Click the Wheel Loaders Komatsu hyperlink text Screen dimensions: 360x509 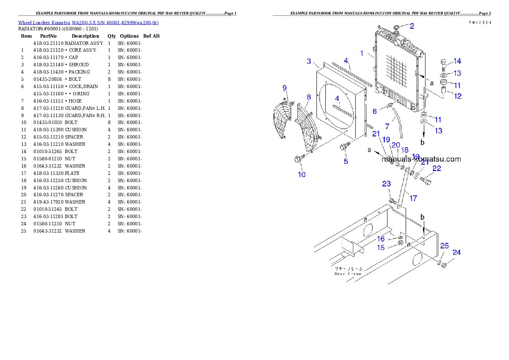(88, 23)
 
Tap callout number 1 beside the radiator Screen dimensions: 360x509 (362, 53)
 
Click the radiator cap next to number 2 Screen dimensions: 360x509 (397, 28)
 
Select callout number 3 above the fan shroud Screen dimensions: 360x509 (309, 62)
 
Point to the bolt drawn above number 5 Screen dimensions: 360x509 (344, 148)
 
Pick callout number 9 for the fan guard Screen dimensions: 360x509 (284, 88)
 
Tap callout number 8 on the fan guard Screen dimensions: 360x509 (308, 97)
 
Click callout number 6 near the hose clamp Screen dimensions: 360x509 (375, 111)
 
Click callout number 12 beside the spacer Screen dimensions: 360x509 (458, 96)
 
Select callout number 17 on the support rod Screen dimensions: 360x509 (413, 198)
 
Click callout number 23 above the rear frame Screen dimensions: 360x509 (386, 184)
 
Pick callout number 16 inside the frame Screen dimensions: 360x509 (380, 239)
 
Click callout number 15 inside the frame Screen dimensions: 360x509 (380, 248)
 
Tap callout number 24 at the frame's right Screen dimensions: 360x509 (456, 252)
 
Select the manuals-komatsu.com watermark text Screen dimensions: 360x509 (421, 159)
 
